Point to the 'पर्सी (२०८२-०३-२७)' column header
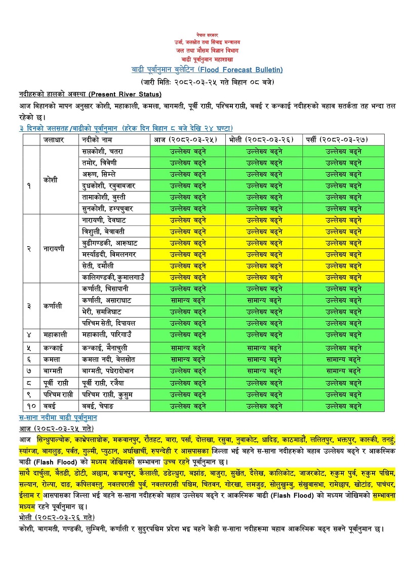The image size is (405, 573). click(343, 139)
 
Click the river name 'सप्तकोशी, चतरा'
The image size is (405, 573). click(102, 151)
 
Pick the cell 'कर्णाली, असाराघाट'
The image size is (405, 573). click(106, 300)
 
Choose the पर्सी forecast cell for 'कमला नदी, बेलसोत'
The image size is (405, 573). click(343, 359)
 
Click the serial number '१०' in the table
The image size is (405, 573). click(30, 405)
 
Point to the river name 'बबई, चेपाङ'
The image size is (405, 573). click(98, 405)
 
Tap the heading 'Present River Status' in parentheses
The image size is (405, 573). click(126, 94)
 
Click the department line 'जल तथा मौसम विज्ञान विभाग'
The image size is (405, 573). click(207, 51)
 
